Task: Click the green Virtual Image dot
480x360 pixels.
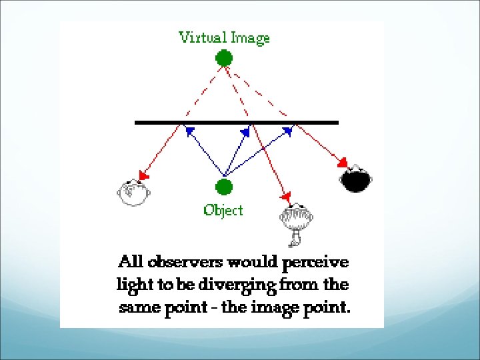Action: tap(224, 58)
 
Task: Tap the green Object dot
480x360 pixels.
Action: tap(224, 187)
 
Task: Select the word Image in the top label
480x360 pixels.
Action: tap(249, 38)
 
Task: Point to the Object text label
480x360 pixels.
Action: tap(223, 211)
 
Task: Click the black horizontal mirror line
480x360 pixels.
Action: tap(237, 123)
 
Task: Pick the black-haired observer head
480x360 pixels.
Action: tap(356, 178)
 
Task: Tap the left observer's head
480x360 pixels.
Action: tap(132, 192)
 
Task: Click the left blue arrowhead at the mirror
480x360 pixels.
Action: tap(189, 131)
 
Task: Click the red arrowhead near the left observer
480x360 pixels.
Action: tap(143, 176)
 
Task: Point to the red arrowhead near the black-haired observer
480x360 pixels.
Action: tap(343, 163)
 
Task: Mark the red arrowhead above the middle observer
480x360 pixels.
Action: tap(286, 197)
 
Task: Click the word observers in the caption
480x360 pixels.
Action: tap(189, 261)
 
